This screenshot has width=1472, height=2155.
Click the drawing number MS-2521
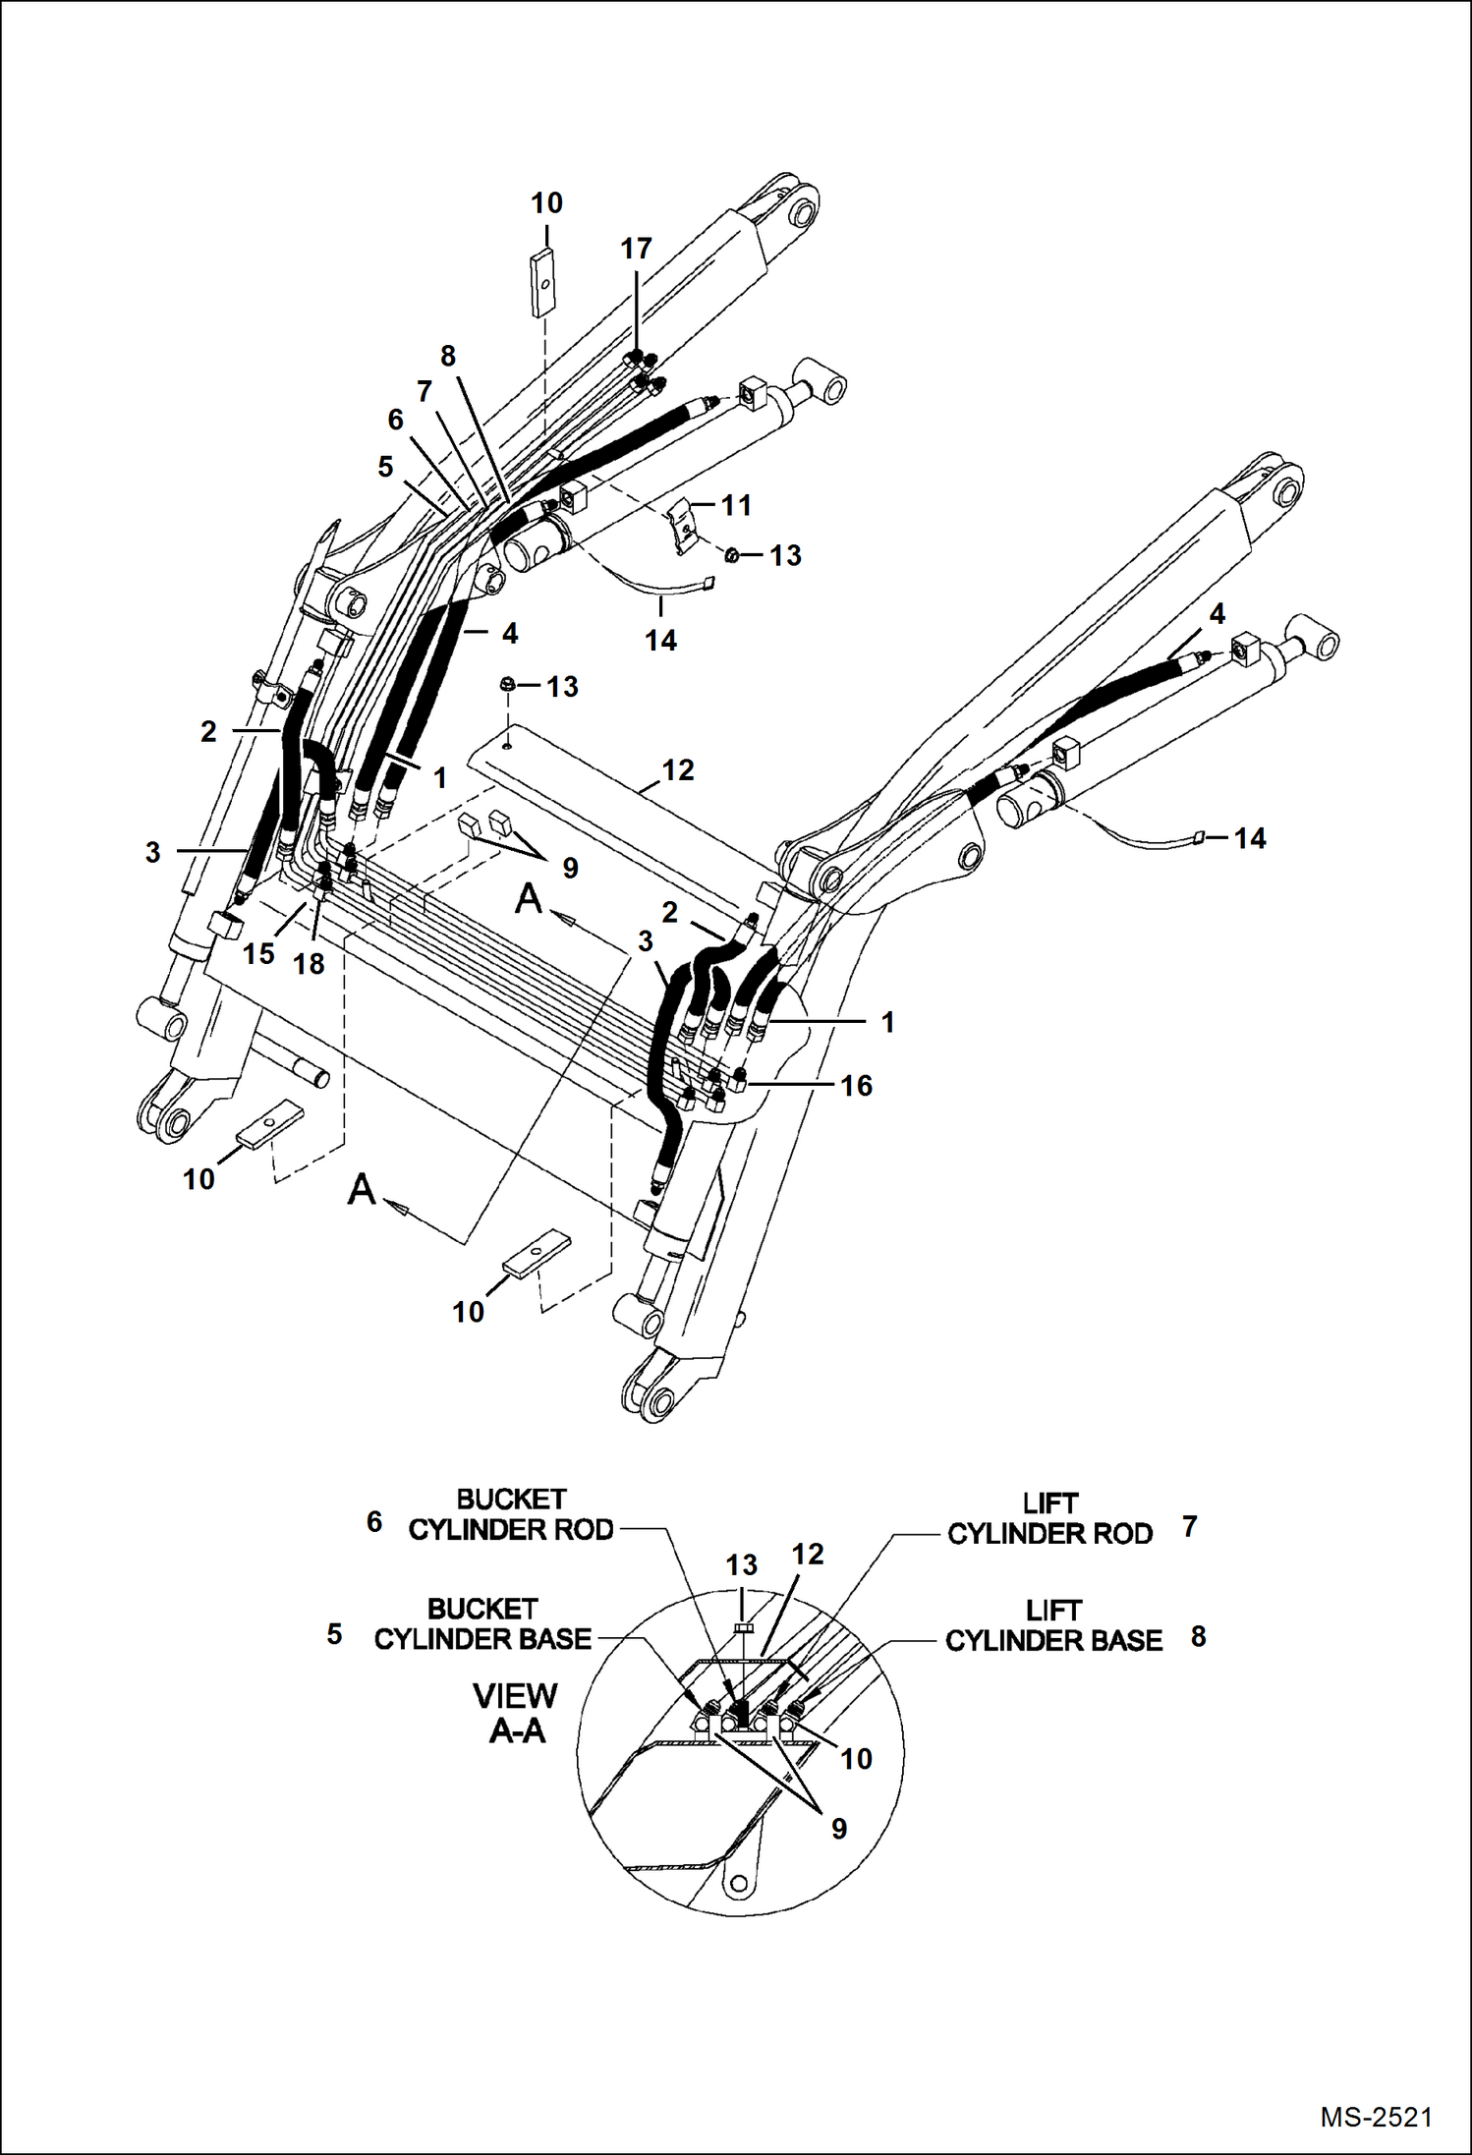click(1376, 2117)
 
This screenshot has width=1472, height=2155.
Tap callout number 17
click(636, 249)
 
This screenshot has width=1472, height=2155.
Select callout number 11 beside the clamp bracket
click(736, 505)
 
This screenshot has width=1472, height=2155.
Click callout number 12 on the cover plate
click(678, 769)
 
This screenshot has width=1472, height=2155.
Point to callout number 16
click(856, 1085)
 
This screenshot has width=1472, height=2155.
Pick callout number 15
click(258, 953)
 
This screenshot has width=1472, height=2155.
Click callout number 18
click(309, 964)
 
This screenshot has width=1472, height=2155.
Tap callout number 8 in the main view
click(448, 356)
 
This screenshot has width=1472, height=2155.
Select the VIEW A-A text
click(516, 1713)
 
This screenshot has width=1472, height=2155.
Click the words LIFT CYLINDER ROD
click(1049, 1518)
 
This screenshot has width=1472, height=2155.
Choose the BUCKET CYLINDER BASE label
click(482, 1623)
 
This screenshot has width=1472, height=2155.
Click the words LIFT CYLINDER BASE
click(1053, 1625)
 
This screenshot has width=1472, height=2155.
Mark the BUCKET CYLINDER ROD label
click(511, 1514)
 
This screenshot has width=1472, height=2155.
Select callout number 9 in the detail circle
click(838, 1828)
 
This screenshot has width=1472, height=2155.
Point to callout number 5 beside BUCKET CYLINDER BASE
click(334, 1634)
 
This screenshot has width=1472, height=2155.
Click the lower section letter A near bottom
click(362, 1189)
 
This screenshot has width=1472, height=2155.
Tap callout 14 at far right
click(1249, 838)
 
